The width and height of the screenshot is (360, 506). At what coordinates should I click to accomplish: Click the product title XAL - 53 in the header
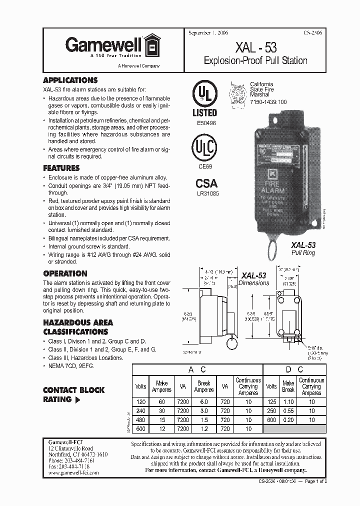[x=255, y=47]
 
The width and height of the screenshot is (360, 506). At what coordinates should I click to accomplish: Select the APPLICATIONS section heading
[x=70, y=80]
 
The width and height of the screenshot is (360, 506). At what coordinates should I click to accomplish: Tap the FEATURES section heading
[x=61, y=168]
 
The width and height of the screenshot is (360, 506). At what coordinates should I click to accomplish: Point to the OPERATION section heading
[x=65, y=273]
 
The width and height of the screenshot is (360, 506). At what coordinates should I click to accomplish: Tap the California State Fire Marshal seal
[x=238, y=93]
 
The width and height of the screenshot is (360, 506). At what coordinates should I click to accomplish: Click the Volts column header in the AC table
[x=140, y=386]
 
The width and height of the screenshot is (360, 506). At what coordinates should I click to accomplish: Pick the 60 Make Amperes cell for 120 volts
[x=161, y=401]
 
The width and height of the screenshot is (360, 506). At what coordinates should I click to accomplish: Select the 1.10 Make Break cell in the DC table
[x=288, y=401]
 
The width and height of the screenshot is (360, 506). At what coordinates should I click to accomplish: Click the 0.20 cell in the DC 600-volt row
[x=288, y=420]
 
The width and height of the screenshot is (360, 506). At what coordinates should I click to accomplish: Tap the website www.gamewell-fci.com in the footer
[x=73, y=472]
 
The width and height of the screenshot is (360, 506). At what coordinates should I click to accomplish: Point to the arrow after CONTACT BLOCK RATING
[x=77, y=400]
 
